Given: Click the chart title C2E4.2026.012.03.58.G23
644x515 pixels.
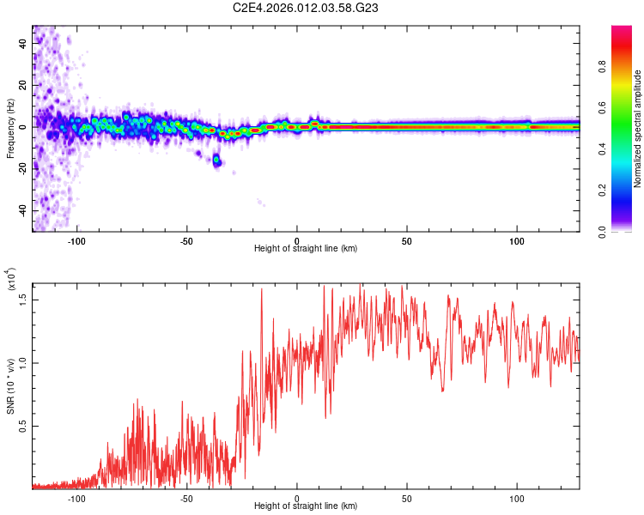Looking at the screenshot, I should [321, 9].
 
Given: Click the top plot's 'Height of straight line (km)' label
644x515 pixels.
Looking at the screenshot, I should [306, 249].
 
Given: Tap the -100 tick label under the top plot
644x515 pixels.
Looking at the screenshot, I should [76, 240].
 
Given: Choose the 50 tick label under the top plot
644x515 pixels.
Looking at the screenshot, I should [407, 240].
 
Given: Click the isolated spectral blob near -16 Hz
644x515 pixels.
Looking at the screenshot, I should [217, 161].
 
